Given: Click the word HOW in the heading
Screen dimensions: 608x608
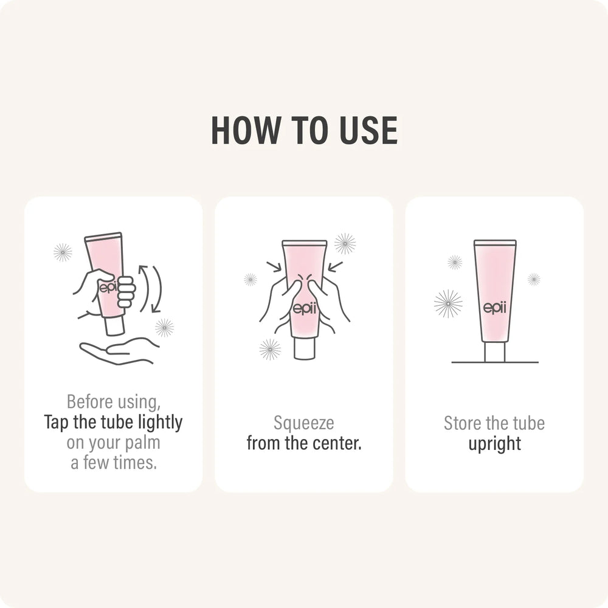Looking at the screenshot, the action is (245, 130).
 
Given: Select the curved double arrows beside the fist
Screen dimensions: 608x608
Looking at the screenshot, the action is (150, 288).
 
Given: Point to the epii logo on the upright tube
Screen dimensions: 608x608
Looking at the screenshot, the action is (495, 308).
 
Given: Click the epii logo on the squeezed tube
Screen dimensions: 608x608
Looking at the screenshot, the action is (305, 309).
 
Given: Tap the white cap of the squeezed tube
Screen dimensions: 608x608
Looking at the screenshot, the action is (305, 348).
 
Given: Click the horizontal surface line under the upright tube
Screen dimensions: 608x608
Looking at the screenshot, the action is (495, 362).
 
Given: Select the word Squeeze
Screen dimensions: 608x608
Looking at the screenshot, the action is (303, 423).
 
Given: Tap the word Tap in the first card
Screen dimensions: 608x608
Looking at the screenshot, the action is (57, 423).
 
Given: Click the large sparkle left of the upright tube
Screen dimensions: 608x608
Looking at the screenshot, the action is (448, 303).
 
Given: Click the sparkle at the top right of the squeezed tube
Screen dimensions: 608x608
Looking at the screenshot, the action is (345, 244).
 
